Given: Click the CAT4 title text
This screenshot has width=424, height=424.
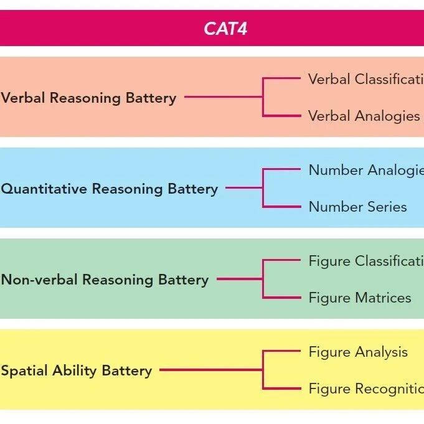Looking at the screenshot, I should (225, 29).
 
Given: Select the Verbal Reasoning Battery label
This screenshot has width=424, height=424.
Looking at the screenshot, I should (88, 98).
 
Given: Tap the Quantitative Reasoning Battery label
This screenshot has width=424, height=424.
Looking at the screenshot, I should (109, 189).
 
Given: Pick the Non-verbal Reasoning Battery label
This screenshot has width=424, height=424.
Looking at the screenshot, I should (105, 280).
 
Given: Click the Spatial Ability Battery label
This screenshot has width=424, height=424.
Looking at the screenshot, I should (76, 370).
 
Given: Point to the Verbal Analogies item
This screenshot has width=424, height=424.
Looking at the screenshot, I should (364, 116).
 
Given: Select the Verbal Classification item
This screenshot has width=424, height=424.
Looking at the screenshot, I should (366, 79).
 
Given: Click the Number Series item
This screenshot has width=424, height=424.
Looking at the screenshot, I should (357, 207).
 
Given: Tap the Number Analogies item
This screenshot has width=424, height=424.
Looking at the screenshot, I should (366, 170).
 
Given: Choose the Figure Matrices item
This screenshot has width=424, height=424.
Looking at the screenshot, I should (360, 298).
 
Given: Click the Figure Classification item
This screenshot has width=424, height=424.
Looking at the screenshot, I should (366, 261).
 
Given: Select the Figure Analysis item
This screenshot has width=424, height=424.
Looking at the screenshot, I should (358, 352).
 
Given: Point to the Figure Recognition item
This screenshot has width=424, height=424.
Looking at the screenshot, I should (366, 389).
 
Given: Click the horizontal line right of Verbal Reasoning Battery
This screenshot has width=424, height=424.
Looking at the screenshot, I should (223, 97).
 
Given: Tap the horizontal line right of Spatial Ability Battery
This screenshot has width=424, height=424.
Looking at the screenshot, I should (210, 370).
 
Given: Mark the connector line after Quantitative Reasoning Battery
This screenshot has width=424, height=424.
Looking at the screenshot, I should (243, 188).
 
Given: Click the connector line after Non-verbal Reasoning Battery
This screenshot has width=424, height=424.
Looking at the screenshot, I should (239, 280).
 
